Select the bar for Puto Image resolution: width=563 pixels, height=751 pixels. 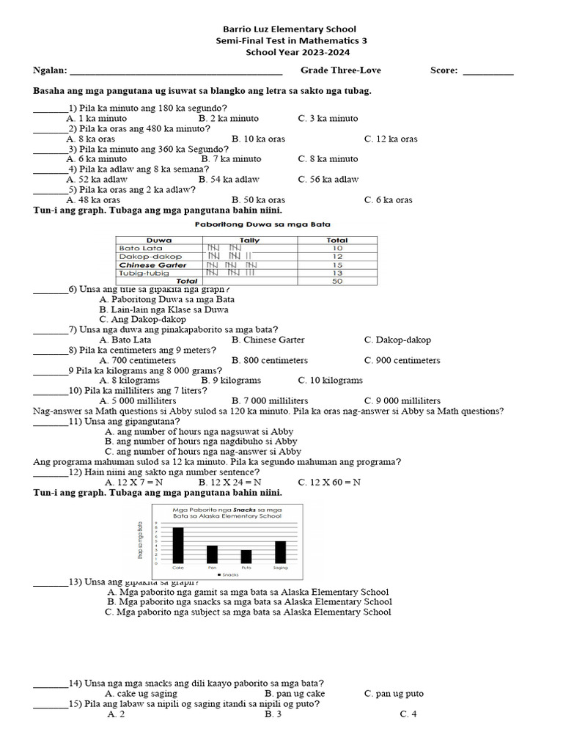(246, 556)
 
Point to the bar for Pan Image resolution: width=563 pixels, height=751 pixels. (212, 554)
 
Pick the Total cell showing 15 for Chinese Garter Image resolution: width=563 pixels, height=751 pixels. (337, 265)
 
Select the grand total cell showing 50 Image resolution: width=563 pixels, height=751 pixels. (337, 281)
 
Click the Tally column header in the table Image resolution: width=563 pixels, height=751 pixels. (250, 240)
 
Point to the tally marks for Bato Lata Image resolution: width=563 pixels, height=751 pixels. (224, 249)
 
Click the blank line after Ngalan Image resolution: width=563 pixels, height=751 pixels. (175, 72)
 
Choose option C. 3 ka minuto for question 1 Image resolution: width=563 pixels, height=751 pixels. (328, 118)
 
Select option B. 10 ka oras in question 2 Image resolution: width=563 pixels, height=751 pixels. (258, 139)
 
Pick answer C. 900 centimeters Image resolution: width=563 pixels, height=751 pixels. (402, 360)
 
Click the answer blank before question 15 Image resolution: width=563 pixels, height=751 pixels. (51, 706)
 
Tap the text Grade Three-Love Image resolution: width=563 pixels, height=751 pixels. (340, 70)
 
